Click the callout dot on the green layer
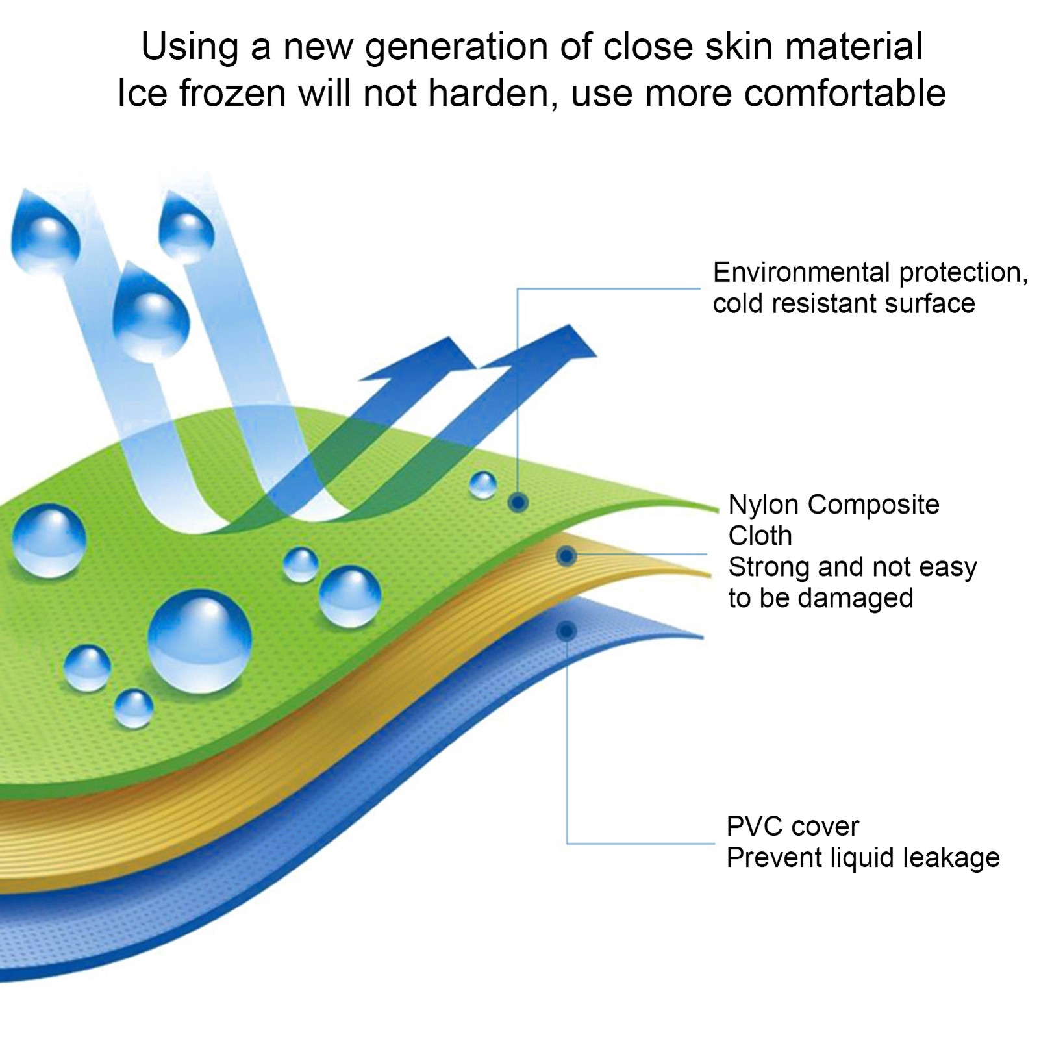518,501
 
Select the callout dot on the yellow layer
567,556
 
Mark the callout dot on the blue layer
567,631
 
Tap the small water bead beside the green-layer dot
482,484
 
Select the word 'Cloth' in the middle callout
760,536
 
